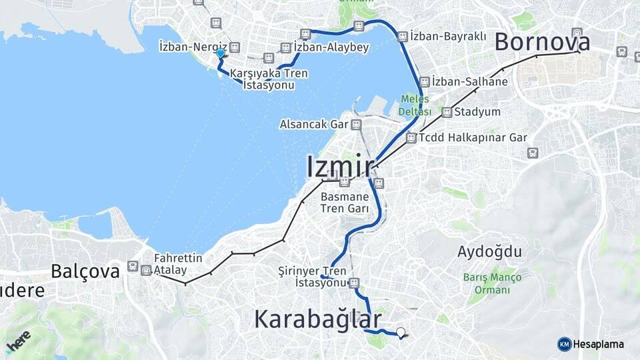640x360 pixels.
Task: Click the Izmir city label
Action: [x=340, y=166]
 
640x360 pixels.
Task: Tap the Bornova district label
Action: [x=542, y=42]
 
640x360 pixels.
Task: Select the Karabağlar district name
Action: [x=318, y=319]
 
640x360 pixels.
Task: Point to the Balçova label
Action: [x=85, y=271]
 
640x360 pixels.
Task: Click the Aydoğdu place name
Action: [x=490, y=251]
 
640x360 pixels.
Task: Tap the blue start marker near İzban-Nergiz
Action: [x=220, y=53]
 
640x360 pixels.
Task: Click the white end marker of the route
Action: [x=401, y=332]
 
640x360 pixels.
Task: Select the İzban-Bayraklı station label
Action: [x=448, y=36]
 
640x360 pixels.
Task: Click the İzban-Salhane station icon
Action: [x=425, y=81]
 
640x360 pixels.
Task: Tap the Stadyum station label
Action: [x=478, y=112]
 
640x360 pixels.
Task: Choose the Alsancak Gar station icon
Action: [x=356, y=124]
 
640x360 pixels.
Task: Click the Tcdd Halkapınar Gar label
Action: [x=473, y=138]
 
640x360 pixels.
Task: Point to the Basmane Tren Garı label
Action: [x=345, y=203]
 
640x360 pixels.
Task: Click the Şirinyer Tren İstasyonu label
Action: [x=312, y=277]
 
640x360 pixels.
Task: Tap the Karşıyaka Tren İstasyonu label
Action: [x=269, y=79]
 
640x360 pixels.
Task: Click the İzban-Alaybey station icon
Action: [x=286, y=47]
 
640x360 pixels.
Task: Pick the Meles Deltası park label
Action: [x=415, y=105]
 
